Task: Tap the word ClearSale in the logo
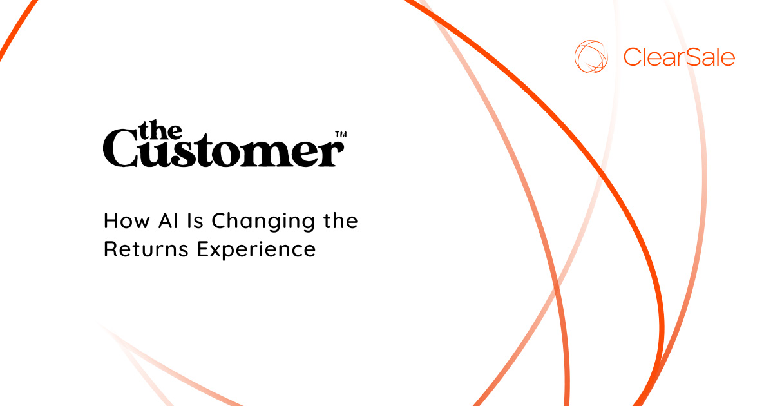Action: (679, 57)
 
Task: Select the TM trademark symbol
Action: (341, 135)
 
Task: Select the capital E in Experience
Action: (203, 249)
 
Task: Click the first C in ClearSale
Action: (632, 57)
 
